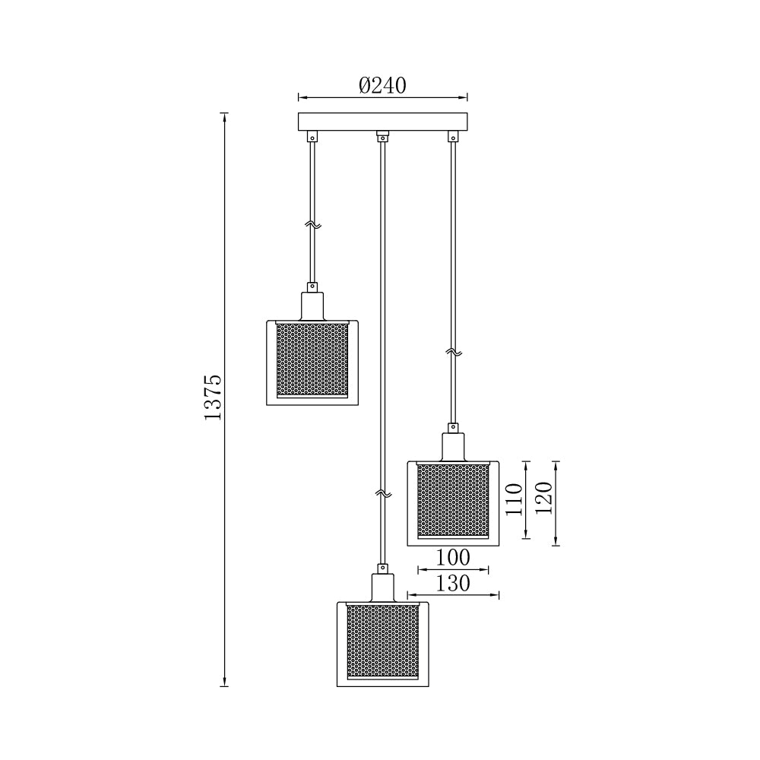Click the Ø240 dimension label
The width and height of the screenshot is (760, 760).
pos(382,85)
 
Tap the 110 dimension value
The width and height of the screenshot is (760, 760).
pos(515,499)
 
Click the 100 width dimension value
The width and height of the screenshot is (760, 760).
pos(453,558)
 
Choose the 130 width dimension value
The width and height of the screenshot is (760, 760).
pos(453,584)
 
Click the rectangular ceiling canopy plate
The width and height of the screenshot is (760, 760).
pos(382,122)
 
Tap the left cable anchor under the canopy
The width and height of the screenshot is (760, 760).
pos(312,137)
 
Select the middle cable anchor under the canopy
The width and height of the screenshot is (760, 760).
pos(382,137)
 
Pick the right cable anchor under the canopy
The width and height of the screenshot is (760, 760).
pos(454,137)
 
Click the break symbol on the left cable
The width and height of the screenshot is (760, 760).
pos(312,224)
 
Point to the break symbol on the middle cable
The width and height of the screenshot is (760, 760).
pos(382,494)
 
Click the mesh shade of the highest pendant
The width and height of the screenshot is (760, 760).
pos(312,359)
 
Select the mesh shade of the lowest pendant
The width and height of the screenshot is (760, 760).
pos(382,641)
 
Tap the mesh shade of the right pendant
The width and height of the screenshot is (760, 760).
pos(454,499)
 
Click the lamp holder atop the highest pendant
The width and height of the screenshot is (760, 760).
pos(312,304)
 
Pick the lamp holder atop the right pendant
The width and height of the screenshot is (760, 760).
pos(454,445)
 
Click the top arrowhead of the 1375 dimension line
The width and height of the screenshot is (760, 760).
pos(224,116)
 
